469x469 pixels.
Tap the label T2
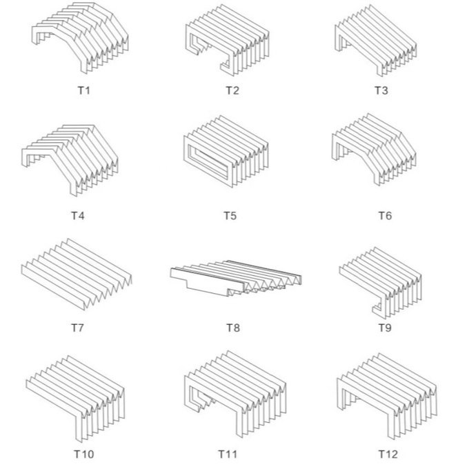(x=232, y=90)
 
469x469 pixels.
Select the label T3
(x=381, y=90)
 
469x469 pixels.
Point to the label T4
(x=77, y=215)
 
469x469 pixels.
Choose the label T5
(x=230, y=215)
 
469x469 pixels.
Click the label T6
(x=384, y=215)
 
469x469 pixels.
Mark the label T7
(x=77, y=327)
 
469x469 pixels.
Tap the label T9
(x=384, y=327)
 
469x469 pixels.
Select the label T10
(x=84, y=454)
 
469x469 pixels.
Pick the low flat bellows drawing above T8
(x=234, y=279)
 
